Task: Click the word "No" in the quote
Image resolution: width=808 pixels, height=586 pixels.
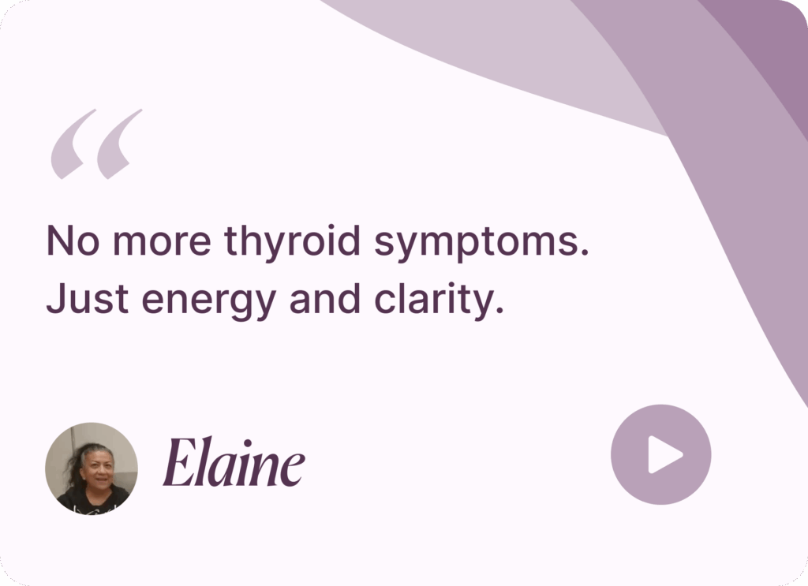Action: coord(72,241)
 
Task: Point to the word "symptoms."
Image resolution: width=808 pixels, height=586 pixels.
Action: coord(481,243)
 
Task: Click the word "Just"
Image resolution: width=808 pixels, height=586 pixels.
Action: coord(87,298)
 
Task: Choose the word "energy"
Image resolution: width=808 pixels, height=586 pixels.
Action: coord(209,302)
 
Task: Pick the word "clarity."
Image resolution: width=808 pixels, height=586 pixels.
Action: coord(439,300)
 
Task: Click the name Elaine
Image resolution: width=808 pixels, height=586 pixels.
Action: coord(234,462)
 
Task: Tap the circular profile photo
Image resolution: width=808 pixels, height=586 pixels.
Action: coord(92,468)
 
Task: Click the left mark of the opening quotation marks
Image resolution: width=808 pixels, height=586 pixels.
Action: coord(73,144)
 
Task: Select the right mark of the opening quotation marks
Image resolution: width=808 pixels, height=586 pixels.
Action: coord(118,144)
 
